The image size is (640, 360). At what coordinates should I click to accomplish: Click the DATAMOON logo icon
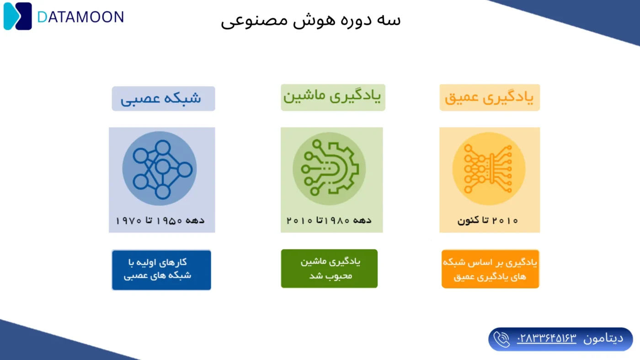(18, 16)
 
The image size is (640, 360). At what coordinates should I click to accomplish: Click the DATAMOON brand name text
(80, 17)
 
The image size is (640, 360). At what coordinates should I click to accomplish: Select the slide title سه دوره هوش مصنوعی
(311, 20)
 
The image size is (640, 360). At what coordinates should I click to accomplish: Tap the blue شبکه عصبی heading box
(163, 99)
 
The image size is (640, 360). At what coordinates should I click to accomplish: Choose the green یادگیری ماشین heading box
(333, 97)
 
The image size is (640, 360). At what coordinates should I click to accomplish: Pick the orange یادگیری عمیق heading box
(490, 97)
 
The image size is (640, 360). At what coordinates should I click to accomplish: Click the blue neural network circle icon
(160, 169)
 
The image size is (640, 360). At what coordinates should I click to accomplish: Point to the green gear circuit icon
(329, 169)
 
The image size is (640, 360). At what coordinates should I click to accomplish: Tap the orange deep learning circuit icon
(489, 169)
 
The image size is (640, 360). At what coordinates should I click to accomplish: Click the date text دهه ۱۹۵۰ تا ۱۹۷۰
(160, 221)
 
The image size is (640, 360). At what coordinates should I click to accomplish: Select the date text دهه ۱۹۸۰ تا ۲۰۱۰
(329, 221)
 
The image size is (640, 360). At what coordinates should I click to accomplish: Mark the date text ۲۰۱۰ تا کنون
(488, 221)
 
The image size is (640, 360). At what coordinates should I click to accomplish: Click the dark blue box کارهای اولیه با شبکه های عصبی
(161, 270)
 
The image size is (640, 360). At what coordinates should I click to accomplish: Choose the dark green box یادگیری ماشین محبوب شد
(329, 269)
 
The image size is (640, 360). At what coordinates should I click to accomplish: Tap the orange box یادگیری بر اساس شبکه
(490, 269)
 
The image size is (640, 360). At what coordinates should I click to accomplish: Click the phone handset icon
(501, 339)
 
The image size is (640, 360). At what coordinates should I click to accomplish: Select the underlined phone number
(547, 339)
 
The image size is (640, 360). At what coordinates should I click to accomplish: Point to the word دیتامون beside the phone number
(603, 339)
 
